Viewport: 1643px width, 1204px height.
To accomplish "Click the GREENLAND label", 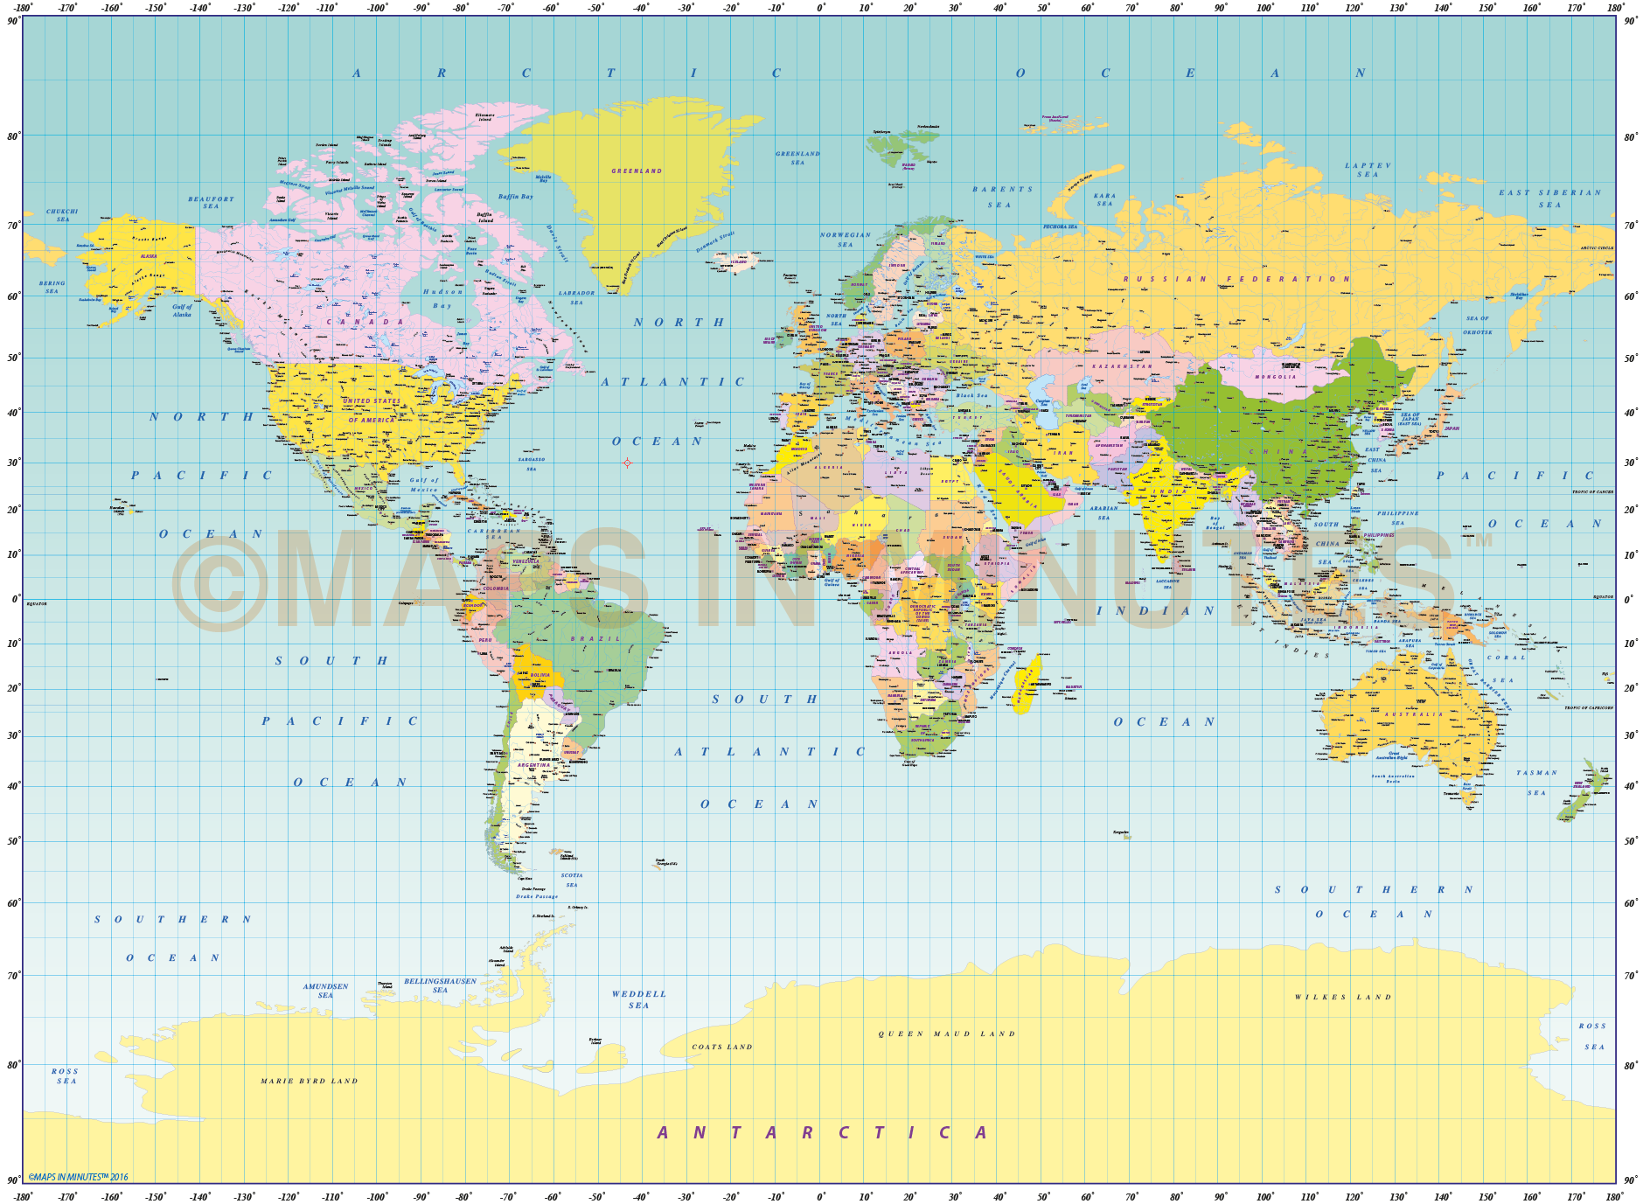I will pyautogui.click(x=637, y=171).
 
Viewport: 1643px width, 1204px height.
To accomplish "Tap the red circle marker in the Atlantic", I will pyautogui.click(x=627, y=463).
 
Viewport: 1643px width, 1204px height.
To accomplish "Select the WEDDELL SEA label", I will pyautogui.click(x=638, y=999).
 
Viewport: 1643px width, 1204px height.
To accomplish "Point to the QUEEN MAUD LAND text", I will pyautogui.click(x=947, y=1033).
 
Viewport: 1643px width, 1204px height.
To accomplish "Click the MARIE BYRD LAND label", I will pyautogui.click(x=310, y=1081).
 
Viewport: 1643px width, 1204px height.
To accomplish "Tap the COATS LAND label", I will pyautogui.click(x=722, y=1047).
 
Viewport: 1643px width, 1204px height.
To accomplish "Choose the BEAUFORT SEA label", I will pyautogui.click(x=211, y=202).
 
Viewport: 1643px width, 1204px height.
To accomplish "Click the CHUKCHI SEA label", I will pyautogui.click(x=62, y=215).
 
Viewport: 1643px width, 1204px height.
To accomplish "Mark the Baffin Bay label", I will pyautogui.click(x=515, y=197).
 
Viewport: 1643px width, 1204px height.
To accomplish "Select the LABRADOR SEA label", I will pyautogui.click(x=576, y=297).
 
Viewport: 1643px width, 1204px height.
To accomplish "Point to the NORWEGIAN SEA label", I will pyautogui.click(x=845, y=240).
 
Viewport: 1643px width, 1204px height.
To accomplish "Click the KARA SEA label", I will pyautogui.click(x=1104, y=199).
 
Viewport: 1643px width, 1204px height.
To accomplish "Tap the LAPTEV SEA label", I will pyautogui.click(x=1368, y=170).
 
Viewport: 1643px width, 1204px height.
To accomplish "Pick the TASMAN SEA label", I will pyautogui.click(x=1536, y=783).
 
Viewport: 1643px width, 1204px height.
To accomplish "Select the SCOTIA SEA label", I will pyautogui.click(x=571, y=880).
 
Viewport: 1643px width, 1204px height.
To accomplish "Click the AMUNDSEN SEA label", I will pyautogui.click(x=325, y=991).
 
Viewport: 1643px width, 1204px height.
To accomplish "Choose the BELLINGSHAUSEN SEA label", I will pyautogui.click(x=440, y=985).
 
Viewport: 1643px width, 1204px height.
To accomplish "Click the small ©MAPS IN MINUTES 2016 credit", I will pyautogui.click(x=78, y=1177).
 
